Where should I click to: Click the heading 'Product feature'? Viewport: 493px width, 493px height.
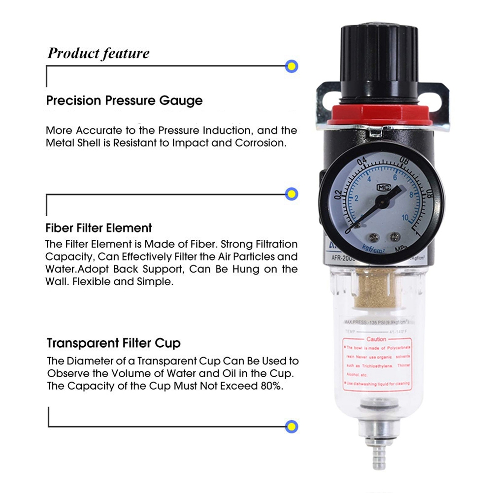(98, 53)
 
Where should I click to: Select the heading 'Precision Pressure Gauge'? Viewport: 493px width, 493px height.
(124, 100)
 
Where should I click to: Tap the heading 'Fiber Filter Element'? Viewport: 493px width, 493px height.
(99, 228)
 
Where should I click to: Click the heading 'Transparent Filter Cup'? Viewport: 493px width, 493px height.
(114, 343)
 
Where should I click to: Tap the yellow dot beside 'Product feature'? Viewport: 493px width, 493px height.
(292, 66)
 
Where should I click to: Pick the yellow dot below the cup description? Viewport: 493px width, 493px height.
(292, 426)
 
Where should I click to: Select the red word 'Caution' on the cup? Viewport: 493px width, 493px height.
(376, 339)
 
